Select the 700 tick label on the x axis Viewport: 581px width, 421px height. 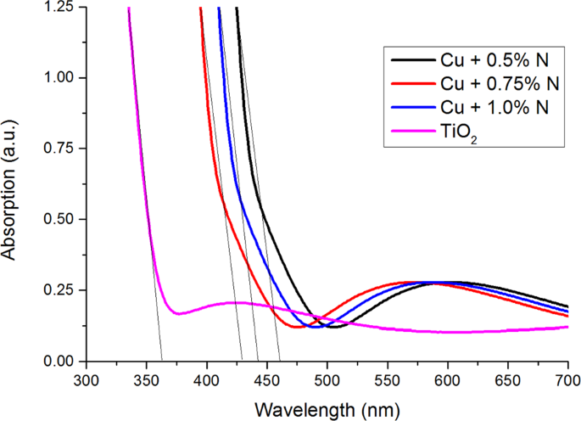[x=567, y=379]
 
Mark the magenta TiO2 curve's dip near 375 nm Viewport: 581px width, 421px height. [x=177, y=314]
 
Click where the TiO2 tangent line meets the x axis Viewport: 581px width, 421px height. [x=161, y=361]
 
